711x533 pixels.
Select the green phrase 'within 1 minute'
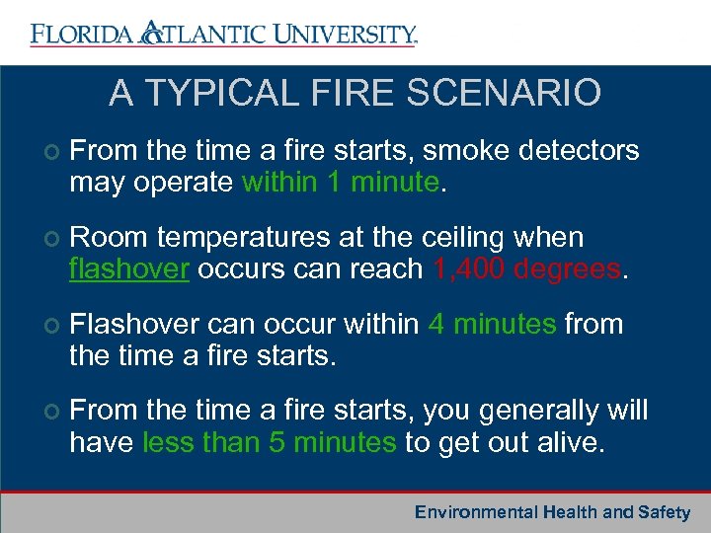(340, 183)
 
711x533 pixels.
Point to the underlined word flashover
(129, 269)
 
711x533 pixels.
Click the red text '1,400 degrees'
(527, 269)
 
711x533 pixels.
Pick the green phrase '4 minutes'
(493, 325)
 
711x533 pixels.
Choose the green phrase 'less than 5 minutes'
(269, 442)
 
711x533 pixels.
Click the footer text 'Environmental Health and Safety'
(552, 512)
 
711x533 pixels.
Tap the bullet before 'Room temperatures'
(50, 239)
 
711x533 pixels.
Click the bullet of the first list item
(50, 152)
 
